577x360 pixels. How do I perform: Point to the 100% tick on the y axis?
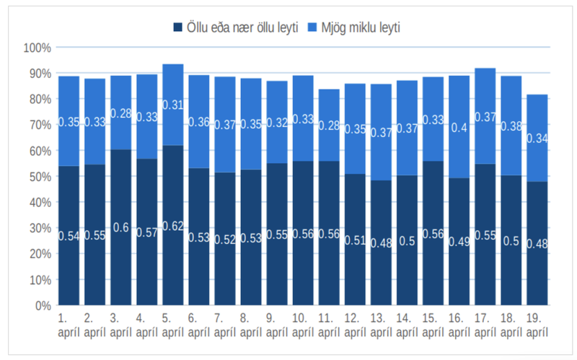(37, 48)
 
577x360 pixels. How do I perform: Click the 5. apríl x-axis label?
(173, 324)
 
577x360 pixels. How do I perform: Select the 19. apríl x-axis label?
(537, 324)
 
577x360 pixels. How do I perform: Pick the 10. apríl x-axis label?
(303, 324)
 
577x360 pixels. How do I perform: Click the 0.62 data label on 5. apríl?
(173, 226)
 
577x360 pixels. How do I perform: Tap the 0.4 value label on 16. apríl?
(459, 128)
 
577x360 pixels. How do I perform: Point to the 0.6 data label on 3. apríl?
(121, 227)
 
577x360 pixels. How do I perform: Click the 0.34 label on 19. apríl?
(537, 139)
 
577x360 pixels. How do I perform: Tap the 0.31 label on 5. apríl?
(173, 105)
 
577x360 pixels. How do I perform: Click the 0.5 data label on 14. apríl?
(407, 241)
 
